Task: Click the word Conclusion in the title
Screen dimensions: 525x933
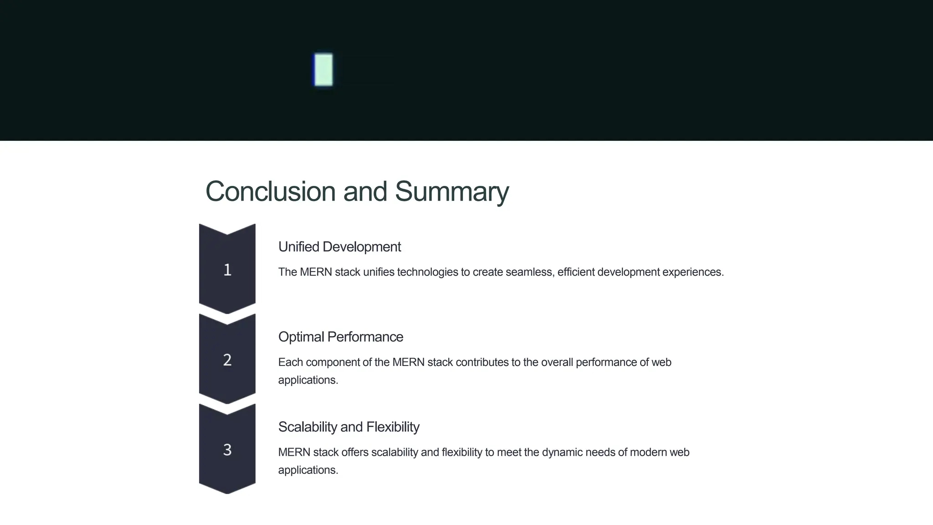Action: [x=270, y=191]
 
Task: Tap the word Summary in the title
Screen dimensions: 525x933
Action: [x=451, y=191]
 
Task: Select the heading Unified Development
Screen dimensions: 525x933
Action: [x=339, y=247]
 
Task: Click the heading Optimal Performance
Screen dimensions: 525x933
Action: [x=340, y=337]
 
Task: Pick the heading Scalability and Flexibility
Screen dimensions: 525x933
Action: [x=349, y=427]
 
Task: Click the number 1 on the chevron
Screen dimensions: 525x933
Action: [x=227, y=270]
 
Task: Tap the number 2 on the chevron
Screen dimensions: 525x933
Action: [x=227, y=360]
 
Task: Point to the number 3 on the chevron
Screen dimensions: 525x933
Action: [x=227, y=450]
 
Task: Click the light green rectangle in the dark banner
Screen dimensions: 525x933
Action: [x=323, y=70]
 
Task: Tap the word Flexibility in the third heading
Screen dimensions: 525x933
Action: [x=393, y=427]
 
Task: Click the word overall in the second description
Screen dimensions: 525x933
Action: [x=557, y=362]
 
